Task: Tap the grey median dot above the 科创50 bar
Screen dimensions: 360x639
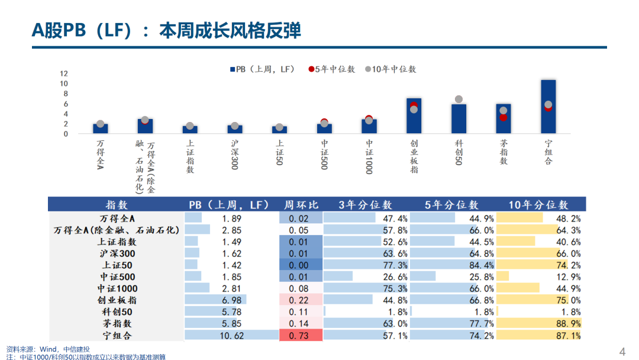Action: pos(459,99)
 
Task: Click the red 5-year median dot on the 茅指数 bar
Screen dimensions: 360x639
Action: pos(503,117)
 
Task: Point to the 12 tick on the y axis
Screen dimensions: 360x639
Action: pos(64,74)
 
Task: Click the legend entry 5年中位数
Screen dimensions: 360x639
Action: pos(331,69)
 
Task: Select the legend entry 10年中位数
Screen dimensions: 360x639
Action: pos(390,69)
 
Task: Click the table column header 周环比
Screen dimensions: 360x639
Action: pos(301,205)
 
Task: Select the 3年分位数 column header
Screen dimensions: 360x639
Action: pos(365,205)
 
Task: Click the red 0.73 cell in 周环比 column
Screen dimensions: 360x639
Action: pos(301,335)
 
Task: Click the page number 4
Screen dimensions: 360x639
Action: pos(622,352)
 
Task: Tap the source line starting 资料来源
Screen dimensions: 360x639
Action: pos(48,349)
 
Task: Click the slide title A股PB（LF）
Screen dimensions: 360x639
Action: pos(166,30)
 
